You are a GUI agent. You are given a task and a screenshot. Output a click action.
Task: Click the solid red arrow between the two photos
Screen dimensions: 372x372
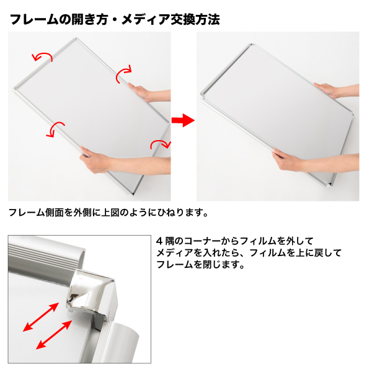pyautogui.click(x=183, y=120)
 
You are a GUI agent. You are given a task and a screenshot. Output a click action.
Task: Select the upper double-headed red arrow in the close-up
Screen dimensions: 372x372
pyautogui.click(x=41, y=317)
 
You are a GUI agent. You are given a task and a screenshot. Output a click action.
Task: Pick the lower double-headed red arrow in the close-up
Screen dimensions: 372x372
pyautogui.click(x=54, y=335)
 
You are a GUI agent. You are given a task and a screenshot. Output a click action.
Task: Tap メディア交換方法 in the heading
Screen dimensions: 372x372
pyautogui.click(x=170, y=19)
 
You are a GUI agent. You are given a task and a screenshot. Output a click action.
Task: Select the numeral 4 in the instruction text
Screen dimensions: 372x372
pyautogui.click(x=159, y=241)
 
